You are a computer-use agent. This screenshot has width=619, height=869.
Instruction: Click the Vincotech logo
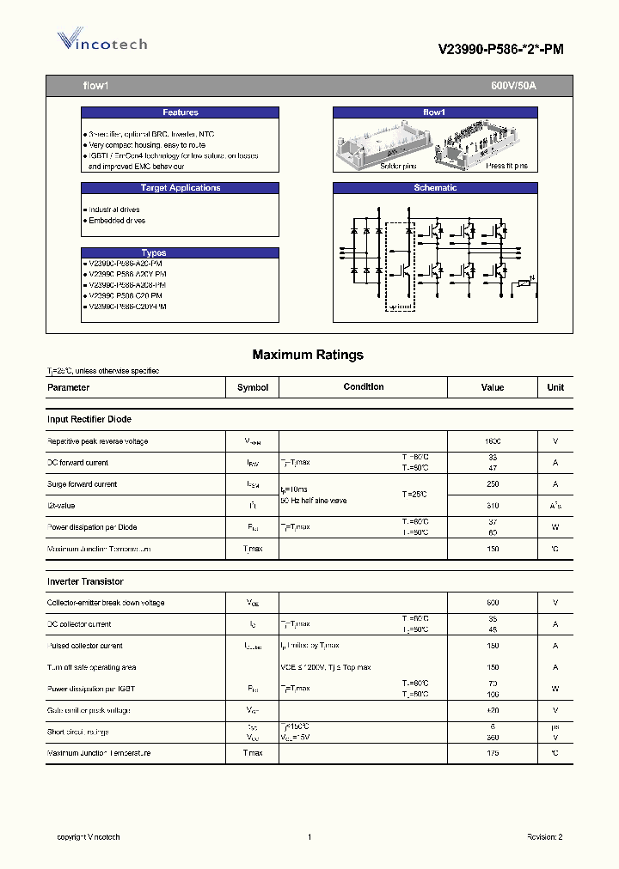click(x=101, y=41)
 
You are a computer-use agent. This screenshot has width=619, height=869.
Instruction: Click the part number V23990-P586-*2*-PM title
click(x=501, y=50)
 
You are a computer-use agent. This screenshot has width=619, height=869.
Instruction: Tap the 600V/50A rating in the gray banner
click(x=513, y=87)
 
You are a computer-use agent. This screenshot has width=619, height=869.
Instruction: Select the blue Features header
click(x=180, y=112)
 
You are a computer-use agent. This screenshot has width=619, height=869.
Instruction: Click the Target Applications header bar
click(x=180, y=188)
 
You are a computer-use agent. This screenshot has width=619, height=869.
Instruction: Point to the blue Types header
click(x=154, y=252)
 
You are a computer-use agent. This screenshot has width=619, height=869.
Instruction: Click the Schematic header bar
click(x=435, y=188)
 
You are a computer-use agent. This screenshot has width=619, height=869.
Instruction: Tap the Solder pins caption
click(x=376, y=166)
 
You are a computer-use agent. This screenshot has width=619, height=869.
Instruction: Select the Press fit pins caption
click(x=506, y=166)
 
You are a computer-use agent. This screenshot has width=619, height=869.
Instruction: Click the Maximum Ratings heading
click(x=308, y=355)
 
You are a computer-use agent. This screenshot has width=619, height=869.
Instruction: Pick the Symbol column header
click(x=253, y=387)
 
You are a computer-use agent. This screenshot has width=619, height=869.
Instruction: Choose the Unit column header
click(x=555, y=387)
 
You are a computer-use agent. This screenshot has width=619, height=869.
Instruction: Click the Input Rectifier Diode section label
click(x=89, y=419)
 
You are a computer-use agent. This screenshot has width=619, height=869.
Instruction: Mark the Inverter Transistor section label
click(x=85, y=581)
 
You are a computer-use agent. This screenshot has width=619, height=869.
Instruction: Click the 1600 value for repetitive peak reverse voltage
click(x=492, y=441)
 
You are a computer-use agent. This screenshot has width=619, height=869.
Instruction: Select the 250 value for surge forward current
click(x=493, y=484)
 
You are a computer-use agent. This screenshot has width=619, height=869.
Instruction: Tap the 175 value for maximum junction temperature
click(x=493, y=753)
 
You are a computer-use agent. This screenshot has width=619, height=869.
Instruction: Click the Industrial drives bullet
click(x=113, y=210)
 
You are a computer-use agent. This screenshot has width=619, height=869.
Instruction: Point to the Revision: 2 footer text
click(x=544, y=836)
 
